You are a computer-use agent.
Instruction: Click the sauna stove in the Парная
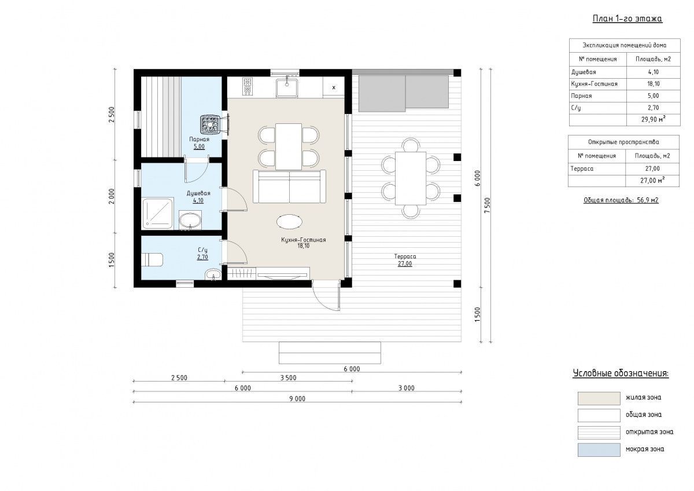coord(211,124)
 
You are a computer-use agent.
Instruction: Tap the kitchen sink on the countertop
coord(287,87)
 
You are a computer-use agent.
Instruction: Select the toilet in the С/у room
coord(153,259)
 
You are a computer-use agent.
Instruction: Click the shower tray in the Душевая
coord(157,214)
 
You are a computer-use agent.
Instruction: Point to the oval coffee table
coord(289,222)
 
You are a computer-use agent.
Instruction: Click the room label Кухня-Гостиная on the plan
coord(303,240)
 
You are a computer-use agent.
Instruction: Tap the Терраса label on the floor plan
coord(405,257)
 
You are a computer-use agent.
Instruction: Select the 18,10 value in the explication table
coord(653,84)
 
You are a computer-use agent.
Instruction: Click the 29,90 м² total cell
coord(654,119)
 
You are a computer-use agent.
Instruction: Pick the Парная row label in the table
coord(581,96)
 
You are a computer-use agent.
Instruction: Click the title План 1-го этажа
coord(627,19)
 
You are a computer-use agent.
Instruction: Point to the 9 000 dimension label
coord(297,398)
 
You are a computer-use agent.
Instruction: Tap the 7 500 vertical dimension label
coord(487,205)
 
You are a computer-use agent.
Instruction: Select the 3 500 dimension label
coord(288,378)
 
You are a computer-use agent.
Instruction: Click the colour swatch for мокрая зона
coord(599,450)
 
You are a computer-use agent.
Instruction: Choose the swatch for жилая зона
coord(599,398)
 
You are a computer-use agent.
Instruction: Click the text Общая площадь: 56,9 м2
coord(621,200)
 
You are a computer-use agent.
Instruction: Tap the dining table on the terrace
coord(411,178)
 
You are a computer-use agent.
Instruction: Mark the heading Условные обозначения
coord(621,373)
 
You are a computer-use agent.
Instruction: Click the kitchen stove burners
coord(248,86)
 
